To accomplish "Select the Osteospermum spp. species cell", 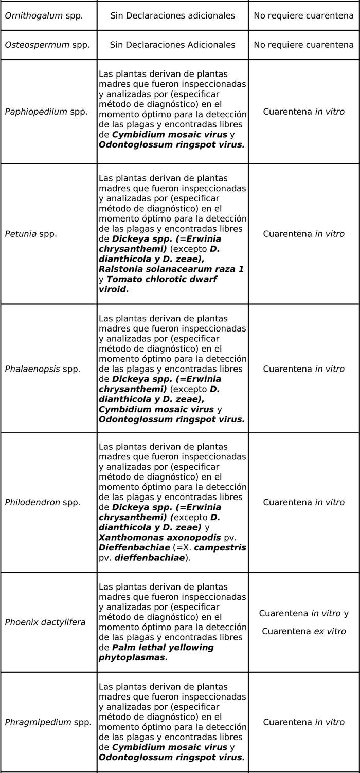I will [x=47, y=45].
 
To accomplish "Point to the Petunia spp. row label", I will [x=31, y=234].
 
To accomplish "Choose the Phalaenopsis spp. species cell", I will [x=43, y=369].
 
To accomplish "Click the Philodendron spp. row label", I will [x=43, y=502].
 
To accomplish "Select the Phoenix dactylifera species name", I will [x=45, y=622].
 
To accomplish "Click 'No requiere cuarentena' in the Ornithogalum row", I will [x=304, y=15].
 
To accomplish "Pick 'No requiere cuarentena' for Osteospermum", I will [x=304, y=45].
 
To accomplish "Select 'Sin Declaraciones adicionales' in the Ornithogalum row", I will [x=173, y=15].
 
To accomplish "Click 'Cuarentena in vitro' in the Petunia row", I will [x=304, y=234].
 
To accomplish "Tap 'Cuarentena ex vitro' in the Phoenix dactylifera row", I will [x=304, y=631].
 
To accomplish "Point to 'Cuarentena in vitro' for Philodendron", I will [x=304, y=502].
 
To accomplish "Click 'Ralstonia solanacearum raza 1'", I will [x=171, y=269].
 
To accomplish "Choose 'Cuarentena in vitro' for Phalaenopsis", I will [x=304, y=369].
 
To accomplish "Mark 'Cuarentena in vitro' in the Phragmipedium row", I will [x=304, y=722].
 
